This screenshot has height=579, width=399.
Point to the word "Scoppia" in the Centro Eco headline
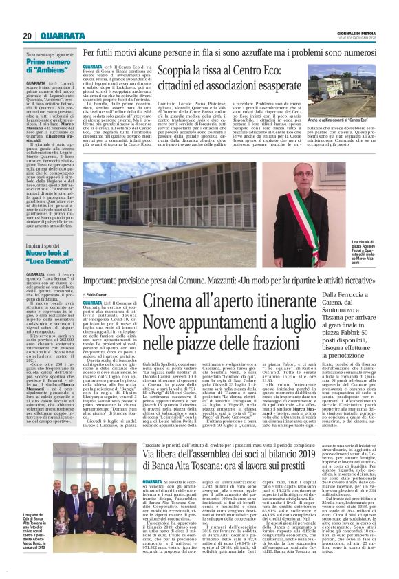[177, 72]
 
